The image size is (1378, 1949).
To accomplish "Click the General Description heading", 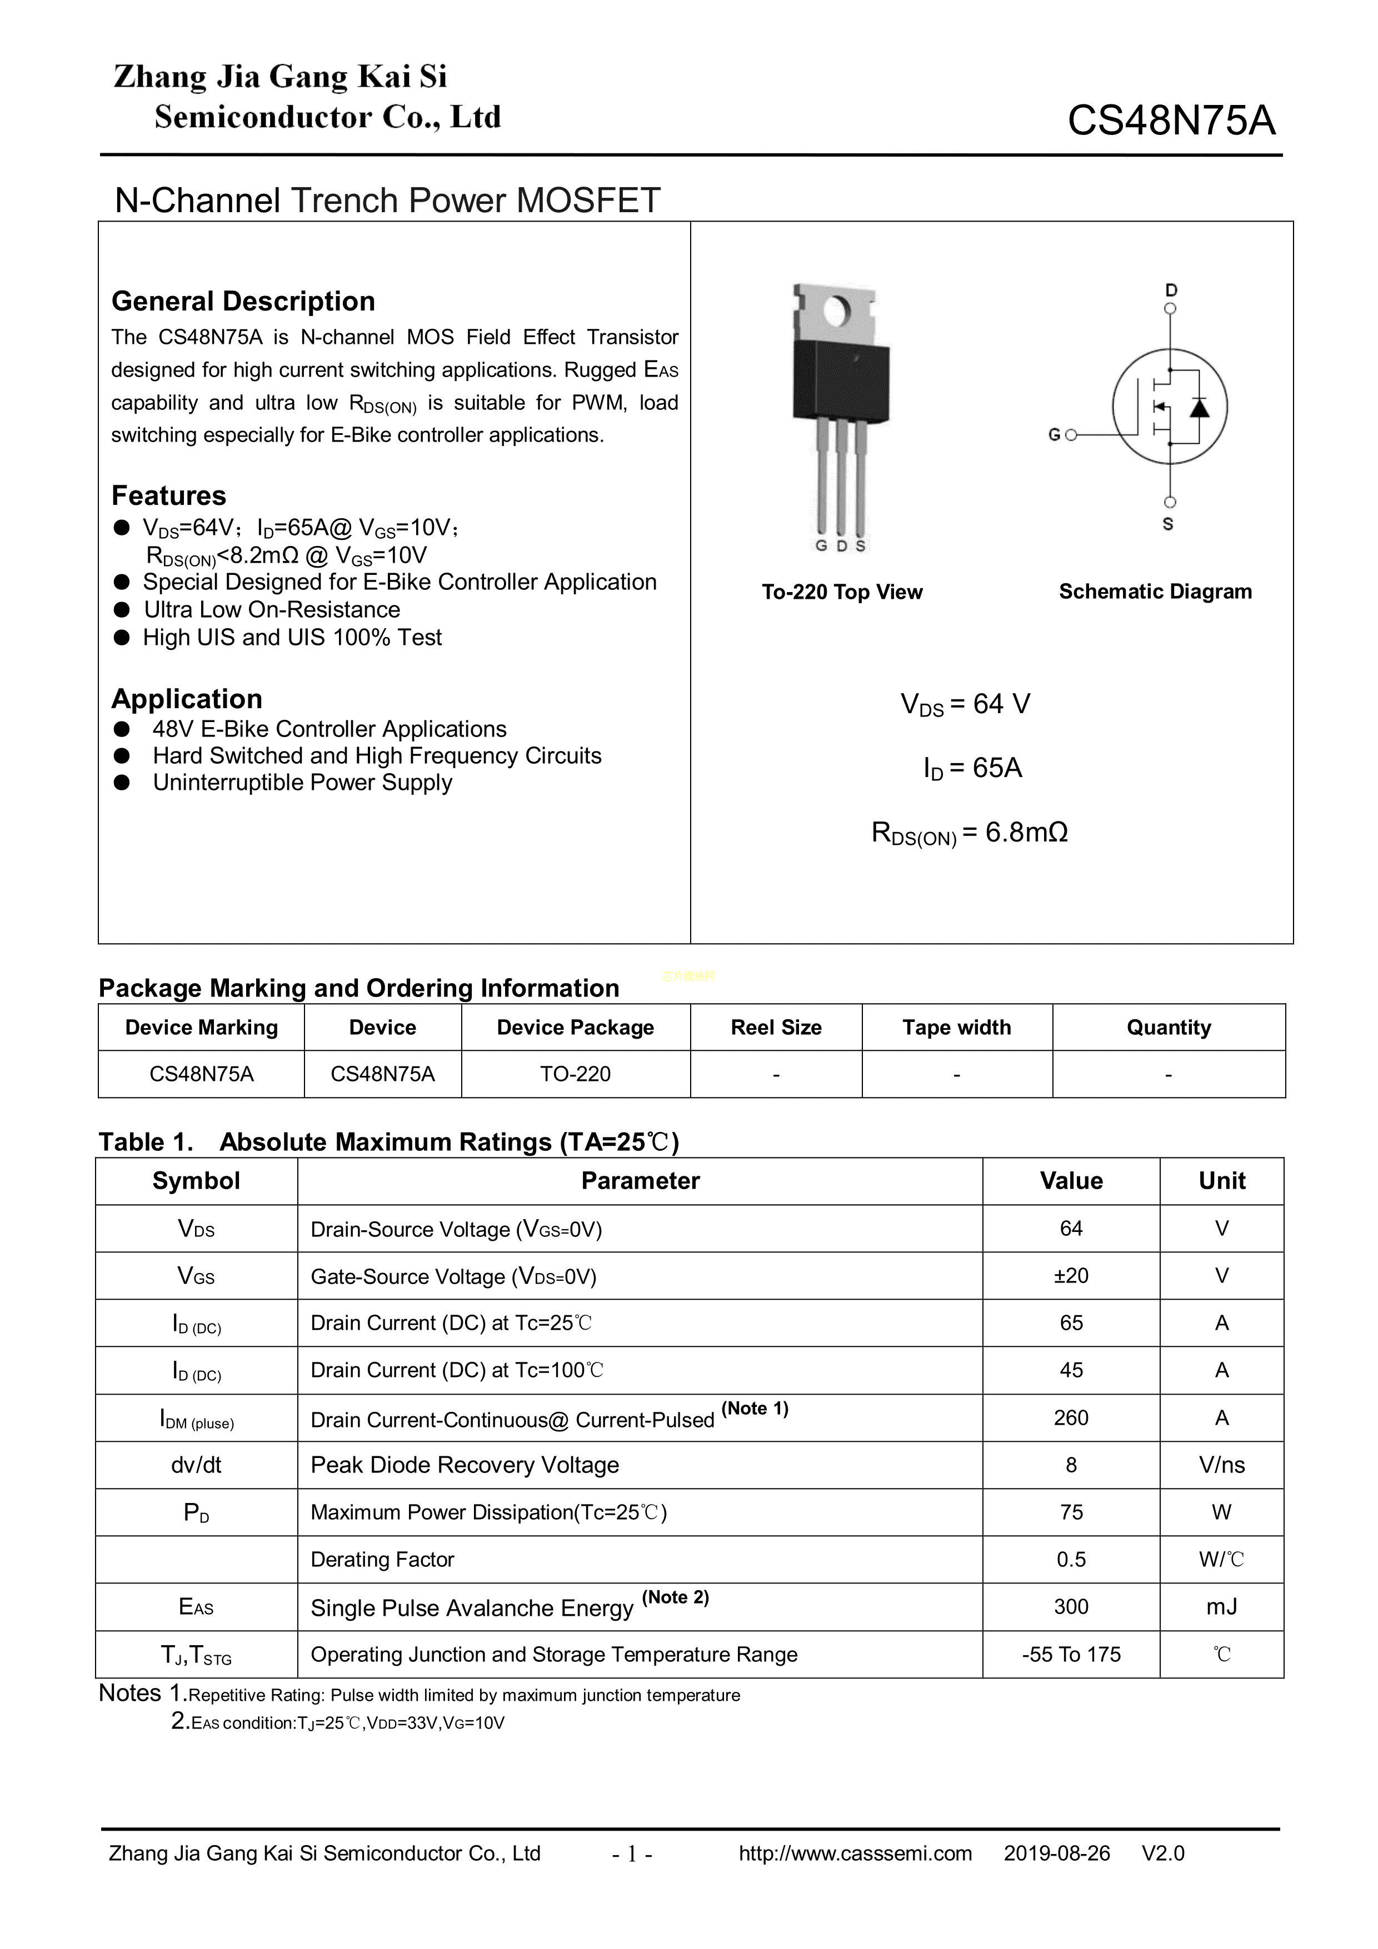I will [243, 302].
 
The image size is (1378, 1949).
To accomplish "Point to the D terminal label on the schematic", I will [1171, 290].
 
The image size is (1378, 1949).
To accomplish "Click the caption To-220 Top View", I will [841, 592].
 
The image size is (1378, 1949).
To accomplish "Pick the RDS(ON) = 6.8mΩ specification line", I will [970, 833].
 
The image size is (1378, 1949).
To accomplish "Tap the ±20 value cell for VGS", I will [1071, 1276].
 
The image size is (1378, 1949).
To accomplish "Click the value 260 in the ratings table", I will [1071, 1417].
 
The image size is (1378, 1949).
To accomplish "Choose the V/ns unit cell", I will [1221, 1465].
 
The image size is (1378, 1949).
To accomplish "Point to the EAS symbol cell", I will [196, 1607].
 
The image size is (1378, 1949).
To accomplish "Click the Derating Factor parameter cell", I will [382, 1560].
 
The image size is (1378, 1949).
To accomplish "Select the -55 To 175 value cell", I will [1071, 1655].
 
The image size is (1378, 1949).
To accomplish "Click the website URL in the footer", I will [855, 1853].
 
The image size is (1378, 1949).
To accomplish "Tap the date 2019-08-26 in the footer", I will [1056, 1853].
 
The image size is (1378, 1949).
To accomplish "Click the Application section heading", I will [187, 699].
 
